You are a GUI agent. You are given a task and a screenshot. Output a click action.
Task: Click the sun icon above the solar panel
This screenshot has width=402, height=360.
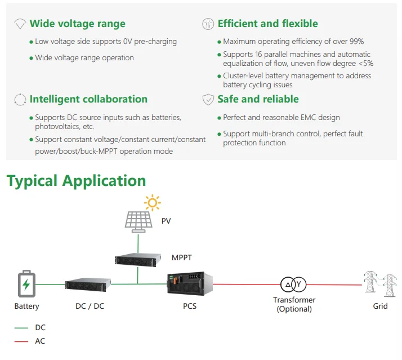click(x=152, y=203)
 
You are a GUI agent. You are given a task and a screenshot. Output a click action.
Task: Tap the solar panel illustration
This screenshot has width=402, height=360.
click(x=139, y=222)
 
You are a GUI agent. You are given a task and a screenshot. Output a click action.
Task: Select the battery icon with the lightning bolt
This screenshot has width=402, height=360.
click(x=26, y=283)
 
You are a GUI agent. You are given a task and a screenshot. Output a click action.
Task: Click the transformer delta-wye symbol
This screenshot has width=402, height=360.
click(x=293, y=285)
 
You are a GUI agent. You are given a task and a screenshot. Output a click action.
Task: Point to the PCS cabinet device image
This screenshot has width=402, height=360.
click(x=190, y=283)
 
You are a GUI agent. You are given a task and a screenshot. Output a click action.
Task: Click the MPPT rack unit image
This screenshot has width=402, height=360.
click(x=138, y=260)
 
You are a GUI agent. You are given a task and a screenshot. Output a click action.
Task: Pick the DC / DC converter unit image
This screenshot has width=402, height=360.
click(x=88, y=285)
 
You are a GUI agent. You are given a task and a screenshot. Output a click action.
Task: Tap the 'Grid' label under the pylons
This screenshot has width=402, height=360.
click(x=380, y=306)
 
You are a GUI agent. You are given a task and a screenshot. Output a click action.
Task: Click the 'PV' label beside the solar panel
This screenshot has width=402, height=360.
click(x=166, y=221)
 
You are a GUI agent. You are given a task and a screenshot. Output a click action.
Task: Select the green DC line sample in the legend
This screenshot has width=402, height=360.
click(x=21, y=328)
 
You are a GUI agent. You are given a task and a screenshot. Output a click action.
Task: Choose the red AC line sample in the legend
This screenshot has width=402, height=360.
click(x=21, y=341)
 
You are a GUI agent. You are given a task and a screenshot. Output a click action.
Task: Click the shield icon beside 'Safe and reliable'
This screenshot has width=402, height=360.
click(x=208, y=99)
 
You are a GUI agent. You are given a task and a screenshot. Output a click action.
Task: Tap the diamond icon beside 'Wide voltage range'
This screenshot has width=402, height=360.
click(x=20, y=24)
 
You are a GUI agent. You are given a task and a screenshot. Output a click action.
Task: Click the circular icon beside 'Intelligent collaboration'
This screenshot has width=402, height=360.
click(x=20, y=100)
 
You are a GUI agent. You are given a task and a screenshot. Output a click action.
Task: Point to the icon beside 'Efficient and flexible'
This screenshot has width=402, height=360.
click(x=208, y=24)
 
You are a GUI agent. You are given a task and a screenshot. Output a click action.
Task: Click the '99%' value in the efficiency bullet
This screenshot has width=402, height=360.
click(x=356, y=41)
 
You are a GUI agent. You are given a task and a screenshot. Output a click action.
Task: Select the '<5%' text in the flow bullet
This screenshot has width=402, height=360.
click(x=366, y=63)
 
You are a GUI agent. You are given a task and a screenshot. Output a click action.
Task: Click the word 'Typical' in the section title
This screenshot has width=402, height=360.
click(x=32, y=181)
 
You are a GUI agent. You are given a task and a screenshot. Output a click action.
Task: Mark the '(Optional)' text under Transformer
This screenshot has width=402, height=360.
click(x=294, y=309)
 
